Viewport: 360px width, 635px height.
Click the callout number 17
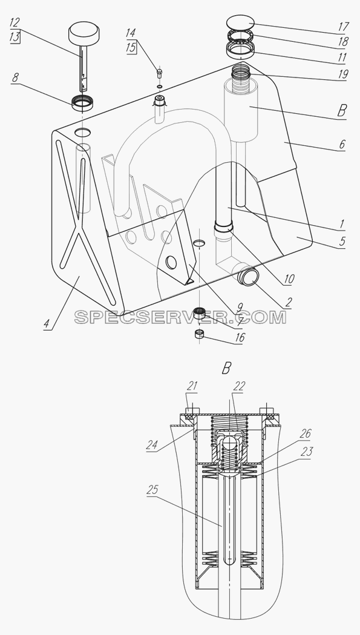tap(342, 27)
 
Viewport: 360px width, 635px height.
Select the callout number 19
tap(342, 74)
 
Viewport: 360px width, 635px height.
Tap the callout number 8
tap(15, 77)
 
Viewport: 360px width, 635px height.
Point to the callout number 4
tap(47, 324)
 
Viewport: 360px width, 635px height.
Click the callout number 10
tap(289, 278)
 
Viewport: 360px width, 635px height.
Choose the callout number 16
tap(240, 338)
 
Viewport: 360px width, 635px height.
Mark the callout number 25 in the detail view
tap(152, 490)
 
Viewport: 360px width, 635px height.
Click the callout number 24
tap(152, 445)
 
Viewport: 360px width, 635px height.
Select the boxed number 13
tap(15, 37)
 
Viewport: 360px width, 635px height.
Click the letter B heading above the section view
tap(227, 368)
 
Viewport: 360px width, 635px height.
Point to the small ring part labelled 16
tap(199, 334)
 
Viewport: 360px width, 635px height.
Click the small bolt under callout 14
tap(160, 73)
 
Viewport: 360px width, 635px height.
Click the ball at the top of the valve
tap(229, 443)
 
